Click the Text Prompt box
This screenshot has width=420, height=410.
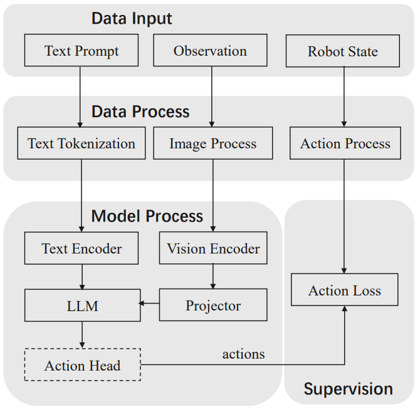[81, 51]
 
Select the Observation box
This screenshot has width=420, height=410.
[210, 51]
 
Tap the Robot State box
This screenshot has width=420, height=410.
[343, 51]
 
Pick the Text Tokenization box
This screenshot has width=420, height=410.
[81, 143]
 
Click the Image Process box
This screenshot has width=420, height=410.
[213, 143]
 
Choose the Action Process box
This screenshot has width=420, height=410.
[345, 143]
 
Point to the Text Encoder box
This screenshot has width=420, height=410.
[81, 249]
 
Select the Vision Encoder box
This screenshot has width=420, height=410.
[213, 249]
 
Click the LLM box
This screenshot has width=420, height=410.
[81, 306]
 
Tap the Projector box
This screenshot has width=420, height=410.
[213, 305]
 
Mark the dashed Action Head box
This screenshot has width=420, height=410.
[82, 365]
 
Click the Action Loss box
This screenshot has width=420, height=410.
[345, 290]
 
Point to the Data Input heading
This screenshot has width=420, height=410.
[132, 18]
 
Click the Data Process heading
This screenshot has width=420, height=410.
[140, 111]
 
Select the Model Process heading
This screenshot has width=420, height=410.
[147, 216]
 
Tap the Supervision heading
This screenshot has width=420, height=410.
[348, 389]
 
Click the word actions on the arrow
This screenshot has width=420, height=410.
[243, 354]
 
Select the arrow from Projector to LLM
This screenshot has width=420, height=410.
[149, 304]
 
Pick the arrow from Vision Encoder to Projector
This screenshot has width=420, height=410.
[213, 276]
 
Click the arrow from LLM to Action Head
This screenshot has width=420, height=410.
[82, 334]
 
